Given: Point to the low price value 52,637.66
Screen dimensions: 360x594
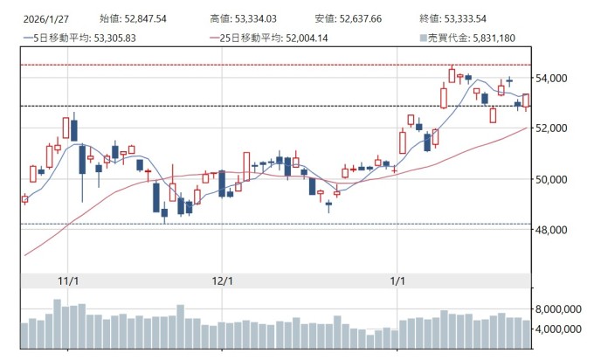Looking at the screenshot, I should tap(361, 17).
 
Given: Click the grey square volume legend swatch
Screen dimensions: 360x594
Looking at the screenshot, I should tap(423, 38).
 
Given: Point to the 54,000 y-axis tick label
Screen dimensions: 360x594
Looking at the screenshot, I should tap(555, 78).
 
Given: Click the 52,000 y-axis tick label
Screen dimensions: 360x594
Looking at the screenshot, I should tap(555, 128).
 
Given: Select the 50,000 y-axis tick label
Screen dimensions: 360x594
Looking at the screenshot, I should tap(555, 179).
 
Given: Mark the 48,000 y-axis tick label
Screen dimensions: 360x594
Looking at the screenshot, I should tap(555, 230).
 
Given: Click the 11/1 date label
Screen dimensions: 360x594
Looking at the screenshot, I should tap(67, 280).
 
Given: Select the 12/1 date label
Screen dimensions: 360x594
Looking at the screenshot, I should tap(223, 280).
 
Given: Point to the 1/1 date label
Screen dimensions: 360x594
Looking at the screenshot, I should tap(397, 280).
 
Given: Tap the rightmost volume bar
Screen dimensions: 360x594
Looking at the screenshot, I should tap(526, 335).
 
